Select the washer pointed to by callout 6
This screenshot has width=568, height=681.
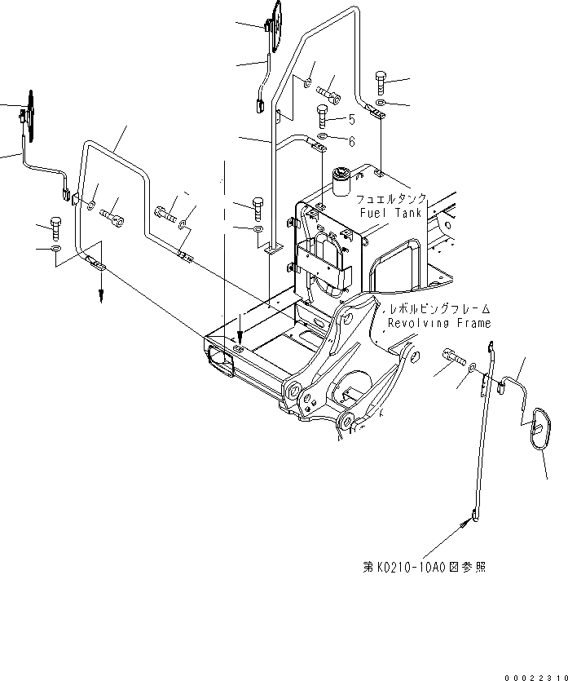pos(323,136)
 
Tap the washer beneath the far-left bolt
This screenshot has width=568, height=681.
pos(55,248)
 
